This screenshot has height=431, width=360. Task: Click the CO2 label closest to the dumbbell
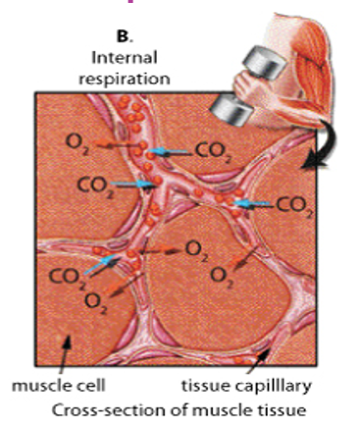[x=213, y=151]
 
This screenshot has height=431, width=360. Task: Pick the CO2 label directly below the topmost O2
[x=93, y=184]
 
